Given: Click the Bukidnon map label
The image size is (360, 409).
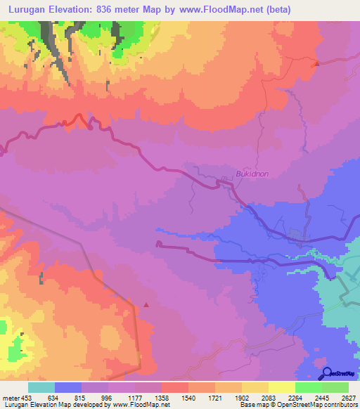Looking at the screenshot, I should (252, 173).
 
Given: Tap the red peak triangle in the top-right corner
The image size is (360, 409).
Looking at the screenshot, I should (316, 64).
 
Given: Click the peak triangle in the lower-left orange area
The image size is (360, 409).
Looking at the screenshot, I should (146, 305).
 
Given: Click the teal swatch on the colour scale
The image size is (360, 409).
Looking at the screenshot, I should (41, 387).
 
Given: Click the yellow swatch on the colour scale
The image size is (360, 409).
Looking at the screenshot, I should (281, 387).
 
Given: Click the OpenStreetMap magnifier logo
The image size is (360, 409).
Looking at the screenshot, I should (328, 372).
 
